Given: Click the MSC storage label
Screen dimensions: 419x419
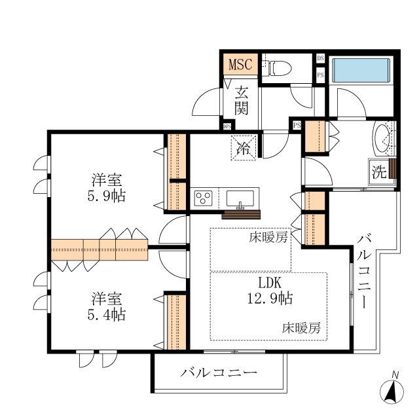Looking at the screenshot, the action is [240, 64].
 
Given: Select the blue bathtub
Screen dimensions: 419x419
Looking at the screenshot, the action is [361, 70].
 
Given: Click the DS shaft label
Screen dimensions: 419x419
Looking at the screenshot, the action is [320, 58].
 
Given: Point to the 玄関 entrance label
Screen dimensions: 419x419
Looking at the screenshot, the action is [242, 101].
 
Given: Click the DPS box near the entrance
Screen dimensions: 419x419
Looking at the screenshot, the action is [227, 126].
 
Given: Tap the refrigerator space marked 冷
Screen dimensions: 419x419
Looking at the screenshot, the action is [244, 148].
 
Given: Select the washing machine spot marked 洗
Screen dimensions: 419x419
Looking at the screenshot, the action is [379, 172].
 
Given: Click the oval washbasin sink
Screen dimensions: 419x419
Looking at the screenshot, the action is [382, 139].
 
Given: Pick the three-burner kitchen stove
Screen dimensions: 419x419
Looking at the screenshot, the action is [204, 198].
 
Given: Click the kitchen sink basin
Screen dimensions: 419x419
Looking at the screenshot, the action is [240, 198].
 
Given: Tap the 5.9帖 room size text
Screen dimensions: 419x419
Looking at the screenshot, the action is [107, 196].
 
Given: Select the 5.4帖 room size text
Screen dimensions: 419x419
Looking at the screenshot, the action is [107, 314].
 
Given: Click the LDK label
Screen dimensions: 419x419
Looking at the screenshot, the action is [270, 283].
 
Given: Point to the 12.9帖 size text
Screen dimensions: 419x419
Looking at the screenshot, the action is [270, 299].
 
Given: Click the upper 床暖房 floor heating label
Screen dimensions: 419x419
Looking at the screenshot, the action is [268, 237].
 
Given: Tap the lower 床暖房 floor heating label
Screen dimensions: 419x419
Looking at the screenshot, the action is [301, 328].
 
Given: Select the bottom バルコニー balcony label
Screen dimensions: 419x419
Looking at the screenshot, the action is [219, 373].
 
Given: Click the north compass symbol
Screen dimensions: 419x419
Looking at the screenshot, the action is [392, 392].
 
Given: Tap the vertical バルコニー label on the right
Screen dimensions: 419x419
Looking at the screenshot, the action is [364, 272].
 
